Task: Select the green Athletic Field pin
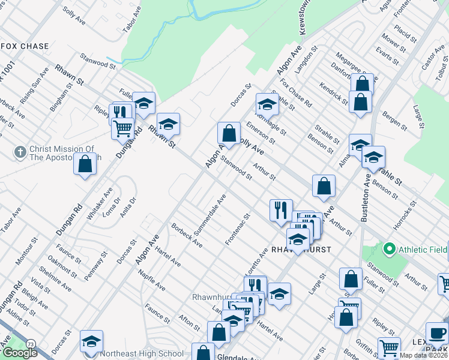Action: coord(388,248)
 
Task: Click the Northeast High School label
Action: coord(142,354)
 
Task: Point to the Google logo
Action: coord(19,353)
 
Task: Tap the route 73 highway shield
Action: coord(30,343)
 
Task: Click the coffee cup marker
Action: coord(436,332)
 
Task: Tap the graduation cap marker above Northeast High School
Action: coord(91,341)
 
